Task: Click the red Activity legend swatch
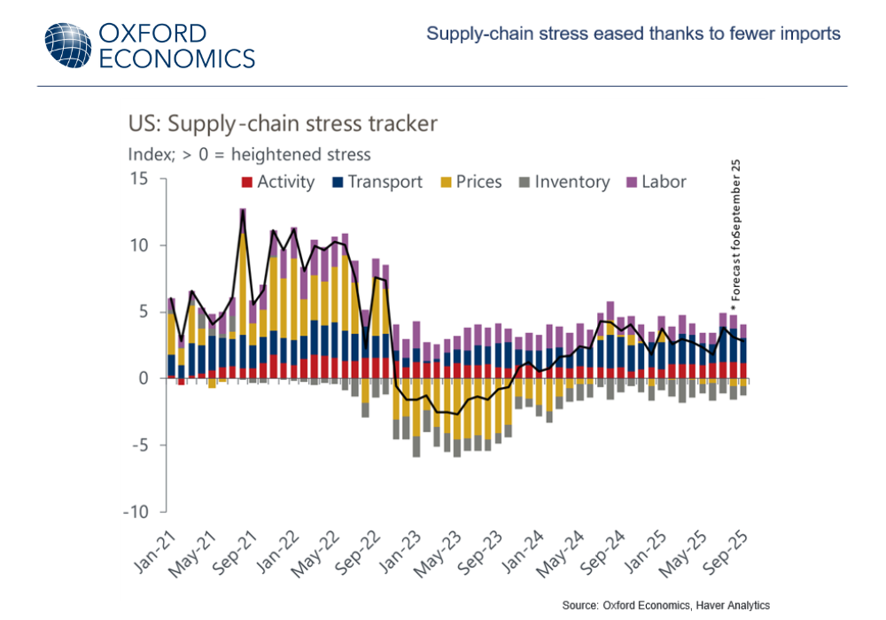247,182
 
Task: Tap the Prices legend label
479,182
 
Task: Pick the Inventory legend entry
572,182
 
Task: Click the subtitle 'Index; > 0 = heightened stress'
250,153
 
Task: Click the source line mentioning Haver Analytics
665,605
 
